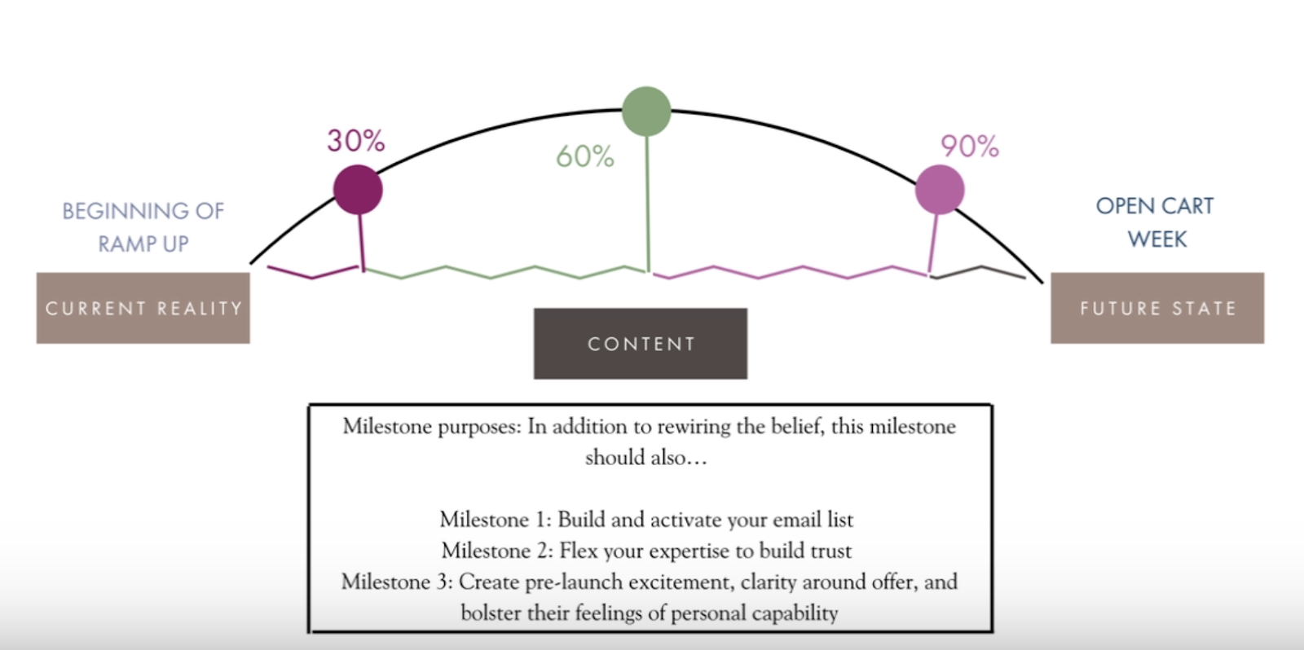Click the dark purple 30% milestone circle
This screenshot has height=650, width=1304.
point(358,190)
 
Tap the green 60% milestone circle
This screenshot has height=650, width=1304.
point(646,112)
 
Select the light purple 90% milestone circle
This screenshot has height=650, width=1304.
point(940,190)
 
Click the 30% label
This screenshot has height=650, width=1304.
point(355,141)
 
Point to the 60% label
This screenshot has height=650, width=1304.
point(584,156)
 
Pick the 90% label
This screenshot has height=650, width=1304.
point(969,147)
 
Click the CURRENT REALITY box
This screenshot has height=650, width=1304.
point(143,308)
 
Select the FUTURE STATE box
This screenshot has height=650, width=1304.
point(1157,308)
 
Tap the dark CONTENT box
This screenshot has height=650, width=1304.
point(641,344)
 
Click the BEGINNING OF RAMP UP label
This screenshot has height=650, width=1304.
point(143,227)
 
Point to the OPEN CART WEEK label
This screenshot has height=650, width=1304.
point(1156,222)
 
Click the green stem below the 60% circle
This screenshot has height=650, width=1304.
point(648,204)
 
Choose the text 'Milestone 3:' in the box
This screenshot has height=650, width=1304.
point(396,582)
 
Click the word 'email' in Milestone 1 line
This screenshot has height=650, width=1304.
point(790,520)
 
